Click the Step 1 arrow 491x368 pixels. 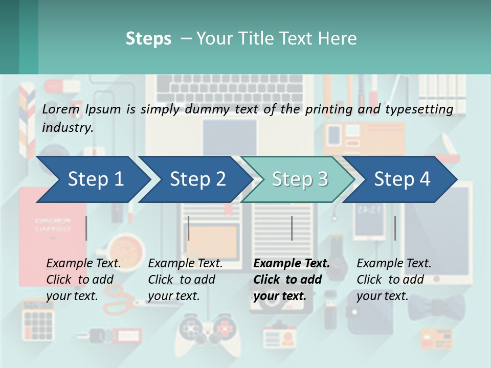tap(92, 179)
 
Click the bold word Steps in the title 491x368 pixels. tap(148, 38)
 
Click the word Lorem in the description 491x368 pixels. tap(61, 109)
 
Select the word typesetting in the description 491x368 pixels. tap(419, 109)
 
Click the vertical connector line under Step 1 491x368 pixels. tap(86, 228)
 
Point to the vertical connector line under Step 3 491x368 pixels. tap(292, 228)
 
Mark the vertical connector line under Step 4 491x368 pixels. tap(395, 228)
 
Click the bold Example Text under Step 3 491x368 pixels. tap(292, 263)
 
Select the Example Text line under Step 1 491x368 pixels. tap(84, 263)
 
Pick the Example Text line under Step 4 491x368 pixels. tap(394, 263)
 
